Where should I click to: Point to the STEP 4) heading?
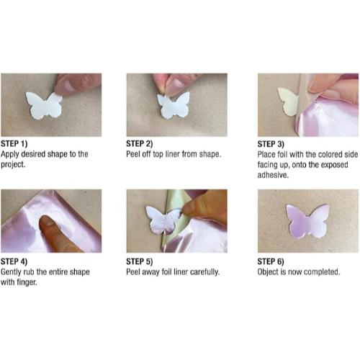click(16, 261)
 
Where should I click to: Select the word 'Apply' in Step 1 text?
click(12, 154)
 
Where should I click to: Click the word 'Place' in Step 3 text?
click(268, 154)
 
